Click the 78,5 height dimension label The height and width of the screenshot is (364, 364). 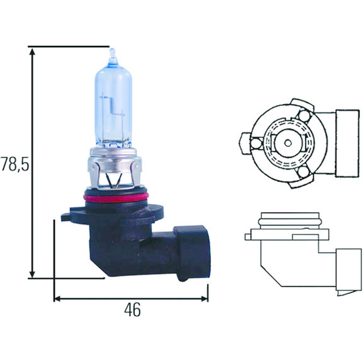click(15, 164)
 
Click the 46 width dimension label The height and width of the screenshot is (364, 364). click(132, 310)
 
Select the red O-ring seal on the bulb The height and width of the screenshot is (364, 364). click(116, 198)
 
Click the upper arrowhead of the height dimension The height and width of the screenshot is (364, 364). click(32, 52)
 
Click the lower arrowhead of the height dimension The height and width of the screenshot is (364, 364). click(32, 274)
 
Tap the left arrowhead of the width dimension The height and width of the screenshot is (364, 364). click(57, 299)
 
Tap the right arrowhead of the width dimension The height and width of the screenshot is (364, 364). click(205, 299)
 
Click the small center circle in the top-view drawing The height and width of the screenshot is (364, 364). click(288, 143)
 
